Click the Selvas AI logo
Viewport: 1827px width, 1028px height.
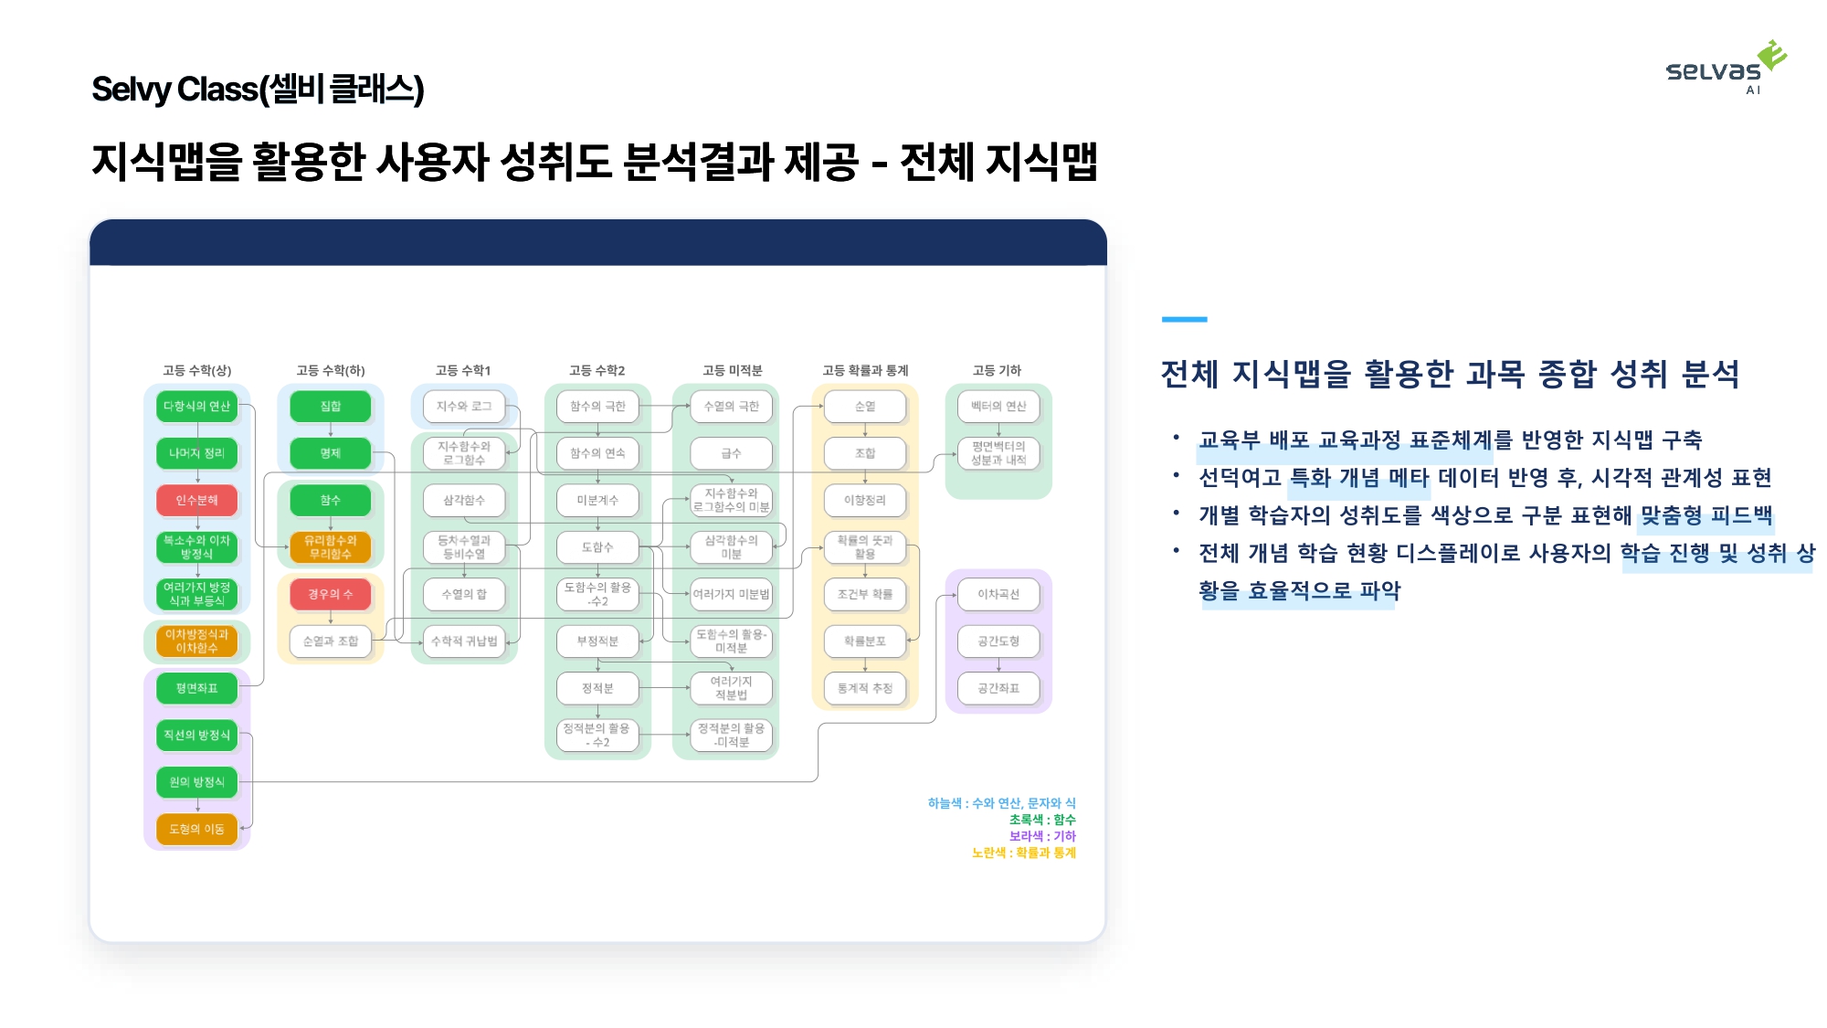click(1726, 68)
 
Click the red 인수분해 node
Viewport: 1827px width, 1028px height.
click(197, 500)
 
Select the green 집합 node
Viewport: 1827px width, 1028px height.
click(331, 406)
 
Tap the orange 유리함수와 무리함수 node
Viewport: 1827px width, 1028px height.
click(331, 547)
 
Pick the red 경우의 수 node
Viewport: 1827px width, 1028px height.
click(331, 594)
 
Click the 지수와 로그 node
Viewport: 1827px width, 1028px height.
click(464, 406)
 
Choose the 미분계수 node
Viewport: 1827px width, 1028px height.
click(597, 500)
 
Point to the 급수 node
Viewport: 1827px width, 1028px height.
click(731, 453)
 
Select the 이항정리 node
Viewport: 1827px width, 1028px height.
click(865, 500)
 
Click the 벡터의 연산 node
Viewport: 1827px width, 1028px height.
click(998, 406)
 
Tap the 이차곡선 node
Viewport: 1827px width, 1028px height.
click(998, 594)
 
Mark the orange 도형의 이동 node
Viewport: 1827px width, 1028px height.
click(197, 829)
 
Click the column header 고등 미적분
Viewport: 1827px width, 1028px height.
click(732, 370)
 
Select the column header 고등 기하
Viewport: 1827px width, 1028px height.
click(997, 370)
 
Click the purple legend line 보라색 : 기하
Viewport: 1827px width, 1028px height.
click(1042, 836)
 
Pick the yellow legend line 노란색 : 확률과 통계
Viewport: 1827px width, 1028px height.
click(1024, 853)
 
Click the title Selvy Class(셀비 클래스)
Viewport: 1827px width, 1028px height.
click(258, 90)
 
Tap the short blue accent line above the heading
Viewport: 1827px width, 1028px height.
click(1184, 319)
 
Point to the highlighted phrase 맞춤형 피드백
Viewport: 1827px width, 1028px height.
click(1706, 515)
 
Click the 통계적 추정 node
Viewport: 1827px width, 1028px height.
click(865, 688)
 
